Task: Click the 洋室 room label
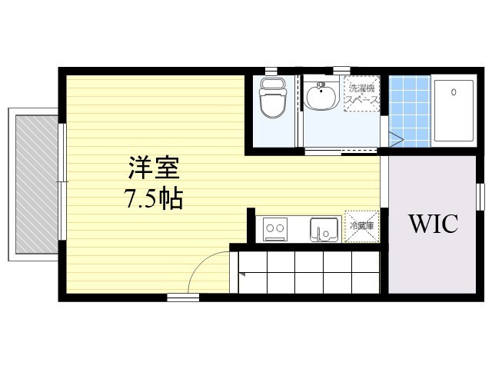pos(154,168)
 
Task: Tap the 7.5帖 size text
pos(154,198)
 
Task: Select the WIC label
pos(434,224)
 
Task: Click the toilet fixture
pos(273,98)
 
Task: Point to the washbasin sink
pos(321,94)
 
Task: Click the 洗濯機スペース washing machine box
pos(362,94)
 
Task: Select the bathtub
pos(454,111)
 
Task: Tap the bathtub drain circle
pos(454,92)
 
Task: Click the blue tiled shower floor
pos(410,111)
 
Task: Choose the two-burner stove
pos(275,229)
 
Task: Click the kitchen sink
pos(324,230)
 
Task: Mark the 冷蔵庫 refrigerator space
pos(362,226)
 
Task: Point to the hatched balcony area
pos(37,184)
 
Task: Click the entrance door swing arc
pos(201,263)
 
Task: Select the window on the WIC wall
pos(480,197)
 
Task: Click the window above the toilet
pos(271,71)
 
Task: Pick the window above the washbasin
pos(341,71)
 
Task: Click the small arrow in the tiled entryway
pos(241,274)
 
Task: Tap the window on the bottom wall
pos(183,298)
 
